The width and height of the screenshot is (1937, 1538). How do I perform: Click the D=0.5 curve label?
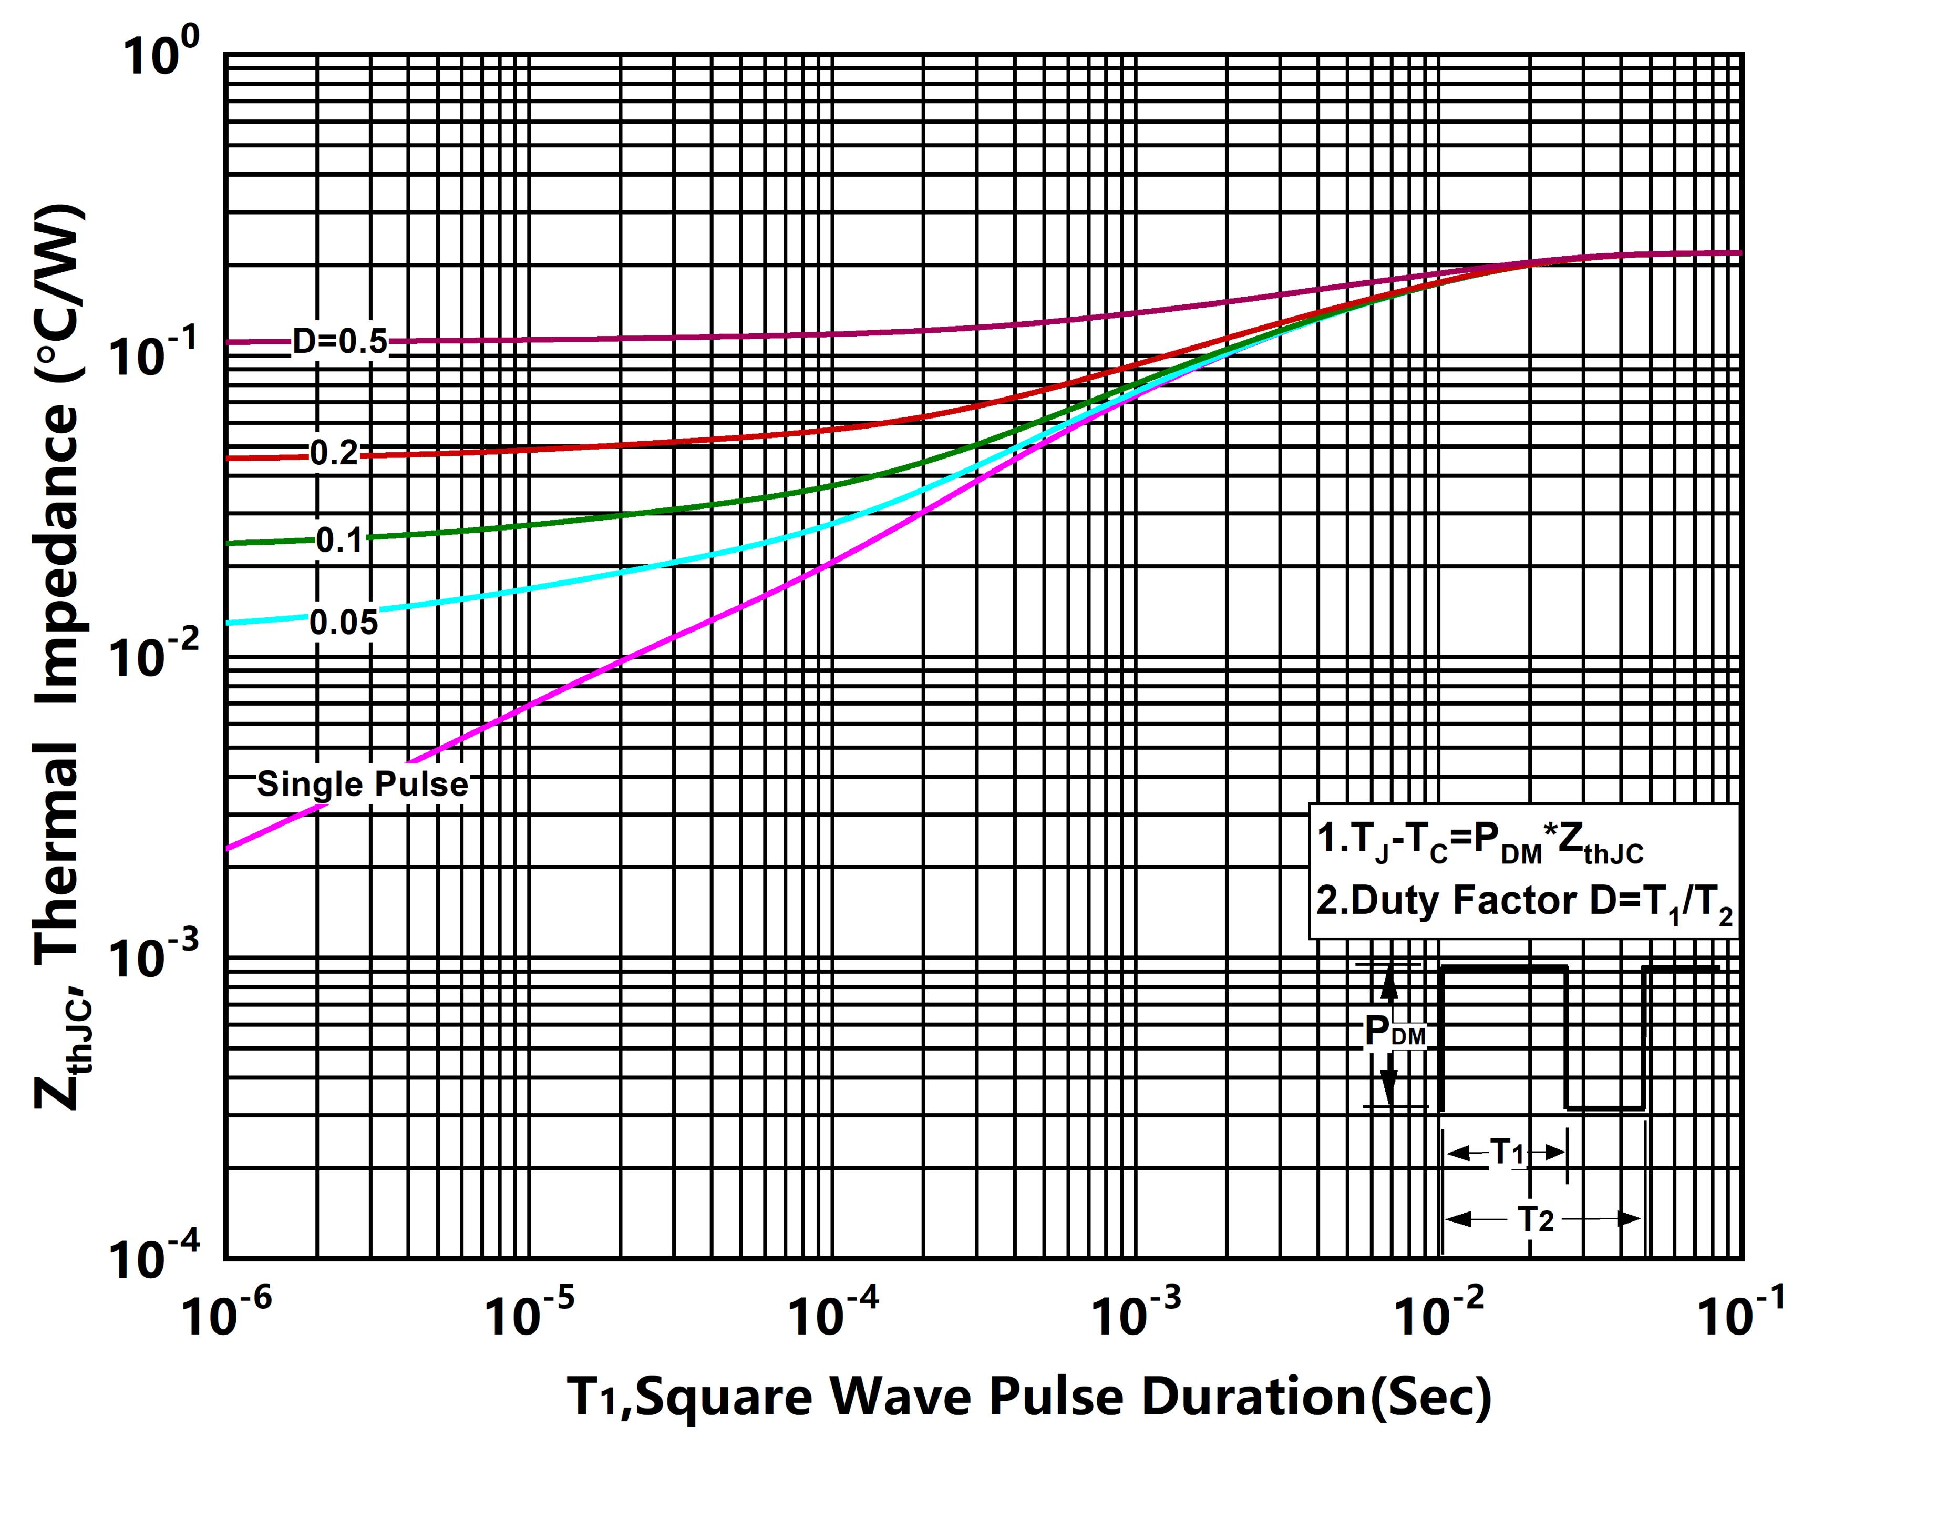(339, 342)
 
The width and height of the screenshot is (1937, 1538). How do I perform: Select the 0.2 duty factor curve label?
(334, 453)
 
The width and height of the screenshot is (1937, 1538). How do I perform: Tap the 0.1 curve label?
(339, 540)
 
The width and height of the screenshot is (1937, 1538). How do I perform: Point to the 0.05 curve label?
(344, 622)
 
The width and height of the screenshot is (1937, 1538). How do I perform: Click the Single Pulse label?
(362, 784)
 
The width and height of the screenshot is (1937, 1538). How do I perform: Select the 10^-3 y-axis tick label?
(151, 958)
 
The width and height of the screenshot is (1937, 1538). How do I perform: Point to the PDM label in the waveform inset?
(1394, 1032)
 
